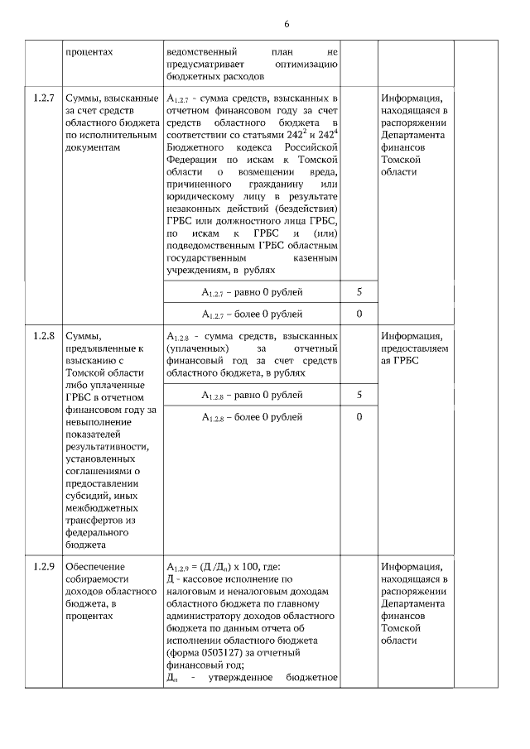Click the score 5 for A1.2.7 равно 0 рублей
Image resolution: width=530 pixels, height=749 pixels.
click(x=359, y=293)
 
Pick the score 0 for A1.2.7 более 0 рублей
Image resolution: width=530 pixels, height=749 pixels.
click(x=359, y=314)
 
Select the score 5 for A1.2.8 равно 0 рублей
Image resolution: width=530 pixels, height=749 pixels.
click(x=359, y=395)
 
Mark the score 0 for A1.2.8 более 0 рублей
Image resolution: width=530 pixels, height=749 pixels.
click(x=359, y=416)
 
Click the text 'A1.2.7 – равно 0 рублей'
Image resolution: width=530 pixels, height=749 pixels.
click(x=252, y=293)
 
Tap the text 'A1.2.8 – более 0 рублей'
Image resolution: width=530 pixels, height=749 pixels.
click(x=252, y=417)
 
